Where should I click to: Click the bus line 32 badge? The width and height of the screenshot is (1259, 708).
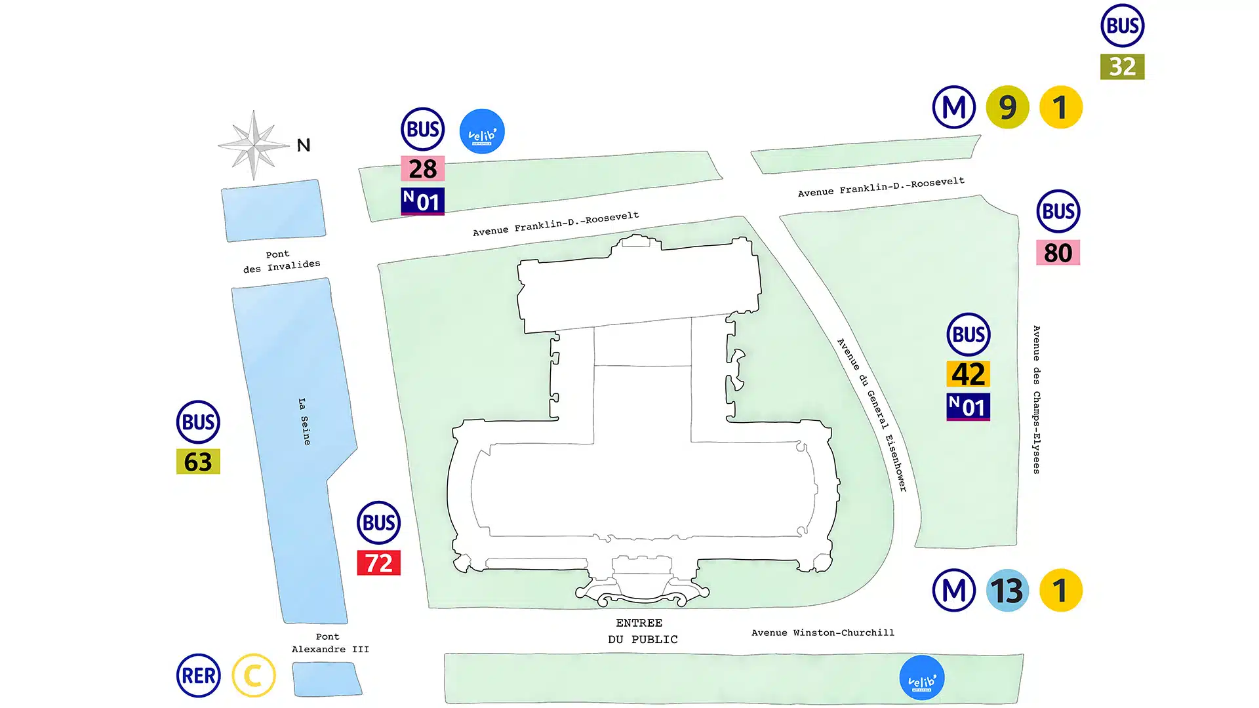(x=1122, y=66)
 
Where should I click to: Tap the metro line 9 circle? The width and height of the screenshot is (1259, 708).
(x=1007, y=107)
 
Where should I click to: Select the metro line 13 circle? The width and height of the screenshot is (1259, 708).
(x=1007, y=590)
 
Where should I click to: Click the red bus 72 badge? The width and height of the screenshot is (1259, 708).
(x=378, y=562)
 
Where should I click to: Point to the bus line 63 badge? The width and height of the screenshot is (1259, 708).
(x=198, y=462)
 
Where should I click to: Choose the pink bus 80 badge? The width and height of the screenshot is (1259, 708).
(x=1058, y=252)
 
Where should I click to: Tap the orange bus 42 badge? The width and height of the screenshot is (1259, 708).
(x=968, y=374)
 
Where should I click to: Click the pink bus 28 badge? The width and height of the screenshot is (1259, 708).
(x=422, y=168)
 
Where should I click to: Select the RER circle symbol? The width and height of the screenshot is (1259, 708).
(x=198, y=675)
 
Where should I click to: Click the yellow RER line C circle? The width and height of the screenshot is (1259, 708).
(x=254, y=675)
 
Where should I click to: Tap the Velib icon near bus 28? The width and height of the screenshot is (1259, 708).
(x=482, y=131)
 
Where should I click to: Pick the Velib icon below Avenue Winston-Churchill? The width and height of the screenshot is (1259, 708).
(x=921, y=678)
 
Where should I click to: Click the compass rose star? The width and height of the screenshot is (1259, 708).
(x=254, y=145)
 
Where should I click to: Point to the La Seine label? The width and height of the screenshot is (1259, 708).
(x=304, y=422)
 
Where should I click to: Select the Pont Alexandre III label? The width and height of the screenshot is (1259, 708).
(x=330, y=643)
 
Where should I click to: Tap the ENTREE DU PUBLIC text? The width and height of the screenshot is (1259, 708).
(x=641, y=631)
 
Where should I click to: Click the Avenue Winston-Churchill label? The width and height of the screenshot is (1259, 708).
(x=822, y=633)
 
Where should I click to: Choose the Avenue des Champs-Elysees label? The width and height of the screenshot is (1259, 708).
(x=1036, y=399)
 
